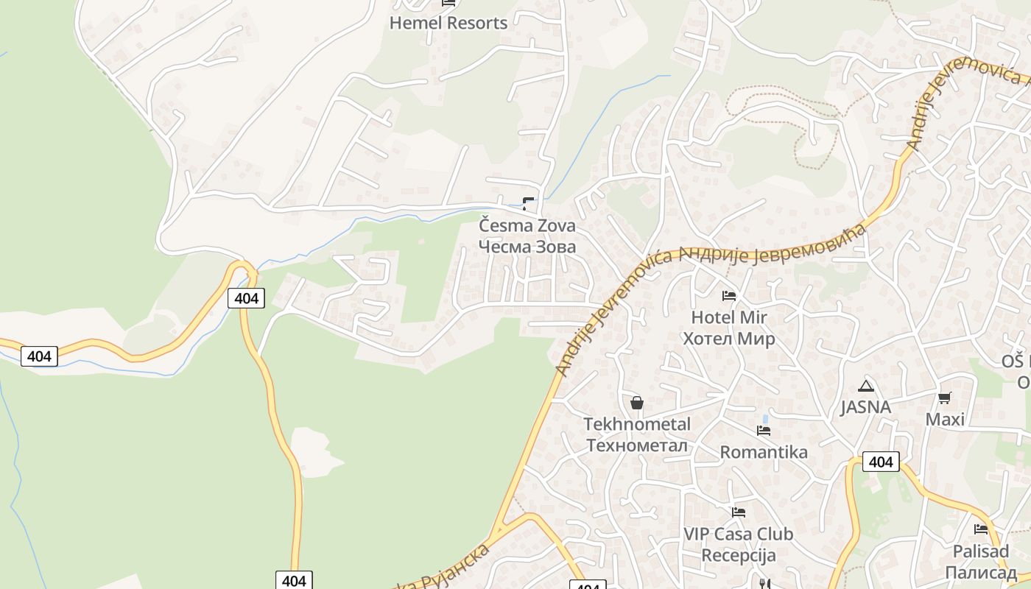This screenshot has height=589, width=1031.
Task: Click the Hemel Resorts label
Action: tap(448, 23)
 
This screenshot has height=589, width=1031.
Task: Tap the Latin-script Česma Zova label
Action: tap(527, 225)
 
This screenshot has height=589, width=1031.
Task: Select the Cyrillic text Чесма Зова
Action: tap(527, 247)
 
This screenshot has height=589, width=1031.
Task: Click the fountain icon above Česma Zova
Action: tap(528, 203)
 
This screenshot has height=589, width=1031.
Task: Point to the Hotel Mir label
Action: tap(729, 317)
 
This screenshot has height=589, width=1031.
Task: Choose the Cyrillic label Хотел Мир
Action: tap(729, 339)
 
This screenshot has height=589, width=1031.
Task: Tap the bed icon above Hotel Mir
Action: tap(729, 296)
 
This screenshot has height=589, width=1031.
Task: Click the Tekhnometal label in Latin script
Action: tap(637, 424)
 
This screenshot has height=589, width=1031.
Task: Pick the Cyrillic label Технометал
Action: tap(637, 445)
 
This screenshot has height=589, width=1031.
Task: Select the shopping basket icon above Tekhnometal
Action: tap(637, 403)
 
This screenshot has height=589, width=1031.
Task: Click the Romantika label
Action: tap(764, 452)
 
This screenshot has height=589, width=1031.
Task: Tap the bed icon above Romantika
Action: tap(764, 431)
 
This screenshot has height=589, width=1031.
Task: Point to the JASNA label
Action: tap(866, 407)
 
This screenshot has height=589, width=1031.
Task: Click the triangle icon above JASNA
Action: tap(866, 386)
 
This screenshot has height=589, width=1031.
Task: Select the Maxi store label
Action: tap(945, 419)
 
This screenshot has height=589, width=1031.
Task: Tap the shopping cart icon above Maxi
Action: tap(945, 398)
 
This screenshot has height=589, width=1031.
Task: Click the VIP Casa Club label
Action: tap(739, 534)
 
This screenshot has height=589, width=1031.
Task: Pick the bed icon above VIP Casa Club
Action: tap(739, 512)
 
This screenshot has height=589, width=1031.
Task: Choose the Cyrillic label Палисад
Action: tap(981, 572)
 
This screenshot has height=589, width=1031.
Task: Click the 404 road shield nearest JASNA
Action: tap(881, 462)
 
